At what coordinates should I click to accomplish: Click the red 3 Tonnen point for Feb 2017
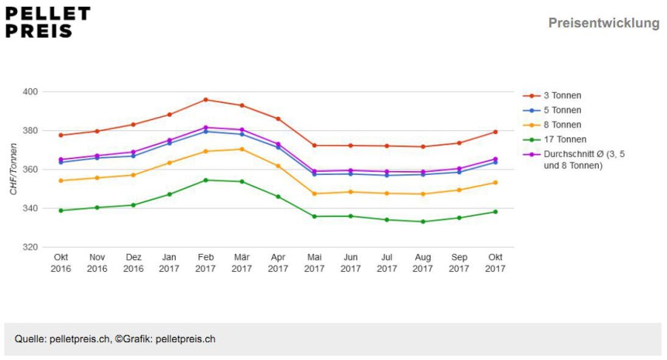coord(205,100)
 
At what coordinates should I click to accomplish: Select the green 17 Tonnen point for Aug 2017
coord(423,221)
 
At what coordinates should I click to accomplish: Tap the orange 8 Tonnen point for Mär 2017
coord(242,149)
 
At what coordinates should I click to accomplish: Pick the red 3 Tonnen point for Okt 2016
coord(61,135)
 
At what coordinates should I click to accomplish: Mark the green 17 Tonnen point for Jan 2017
coord(169,194)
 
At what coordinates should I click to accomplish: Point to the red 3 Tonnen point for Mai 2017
coord(314,145)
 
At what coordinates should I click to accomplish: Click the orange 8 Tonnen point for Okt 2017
coord(495,183)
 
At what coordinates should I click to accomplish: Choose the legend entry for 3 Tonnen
coord(552,96)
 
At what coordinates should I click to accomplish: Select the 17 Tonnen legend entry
coord(554,139)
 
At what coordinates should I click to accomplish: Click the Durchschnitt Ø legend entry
coord(574,160)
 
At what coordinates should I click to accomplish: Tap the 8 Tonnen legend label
coord(563,125)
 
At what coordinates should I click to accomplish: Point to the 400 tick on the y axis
coord(30,92)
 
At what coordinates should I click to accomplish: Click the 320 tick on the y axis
coord(30,247)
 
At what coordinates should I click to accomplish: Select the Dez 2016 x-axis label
coord(133,263)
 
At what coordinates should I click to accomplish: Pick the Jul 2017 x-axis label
coord(387,263)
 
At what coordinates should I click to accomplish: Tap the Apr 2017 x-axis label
coord(278,263)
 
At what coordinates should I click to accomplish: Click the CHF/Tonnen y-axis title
coord(13,169)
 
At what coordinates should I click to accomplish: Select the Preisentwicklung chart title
coord(603,23)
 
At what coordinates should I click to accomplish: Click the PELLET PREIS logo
coord(47,22)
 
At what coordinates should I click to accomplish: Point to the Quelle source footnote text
coord(115,339)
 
